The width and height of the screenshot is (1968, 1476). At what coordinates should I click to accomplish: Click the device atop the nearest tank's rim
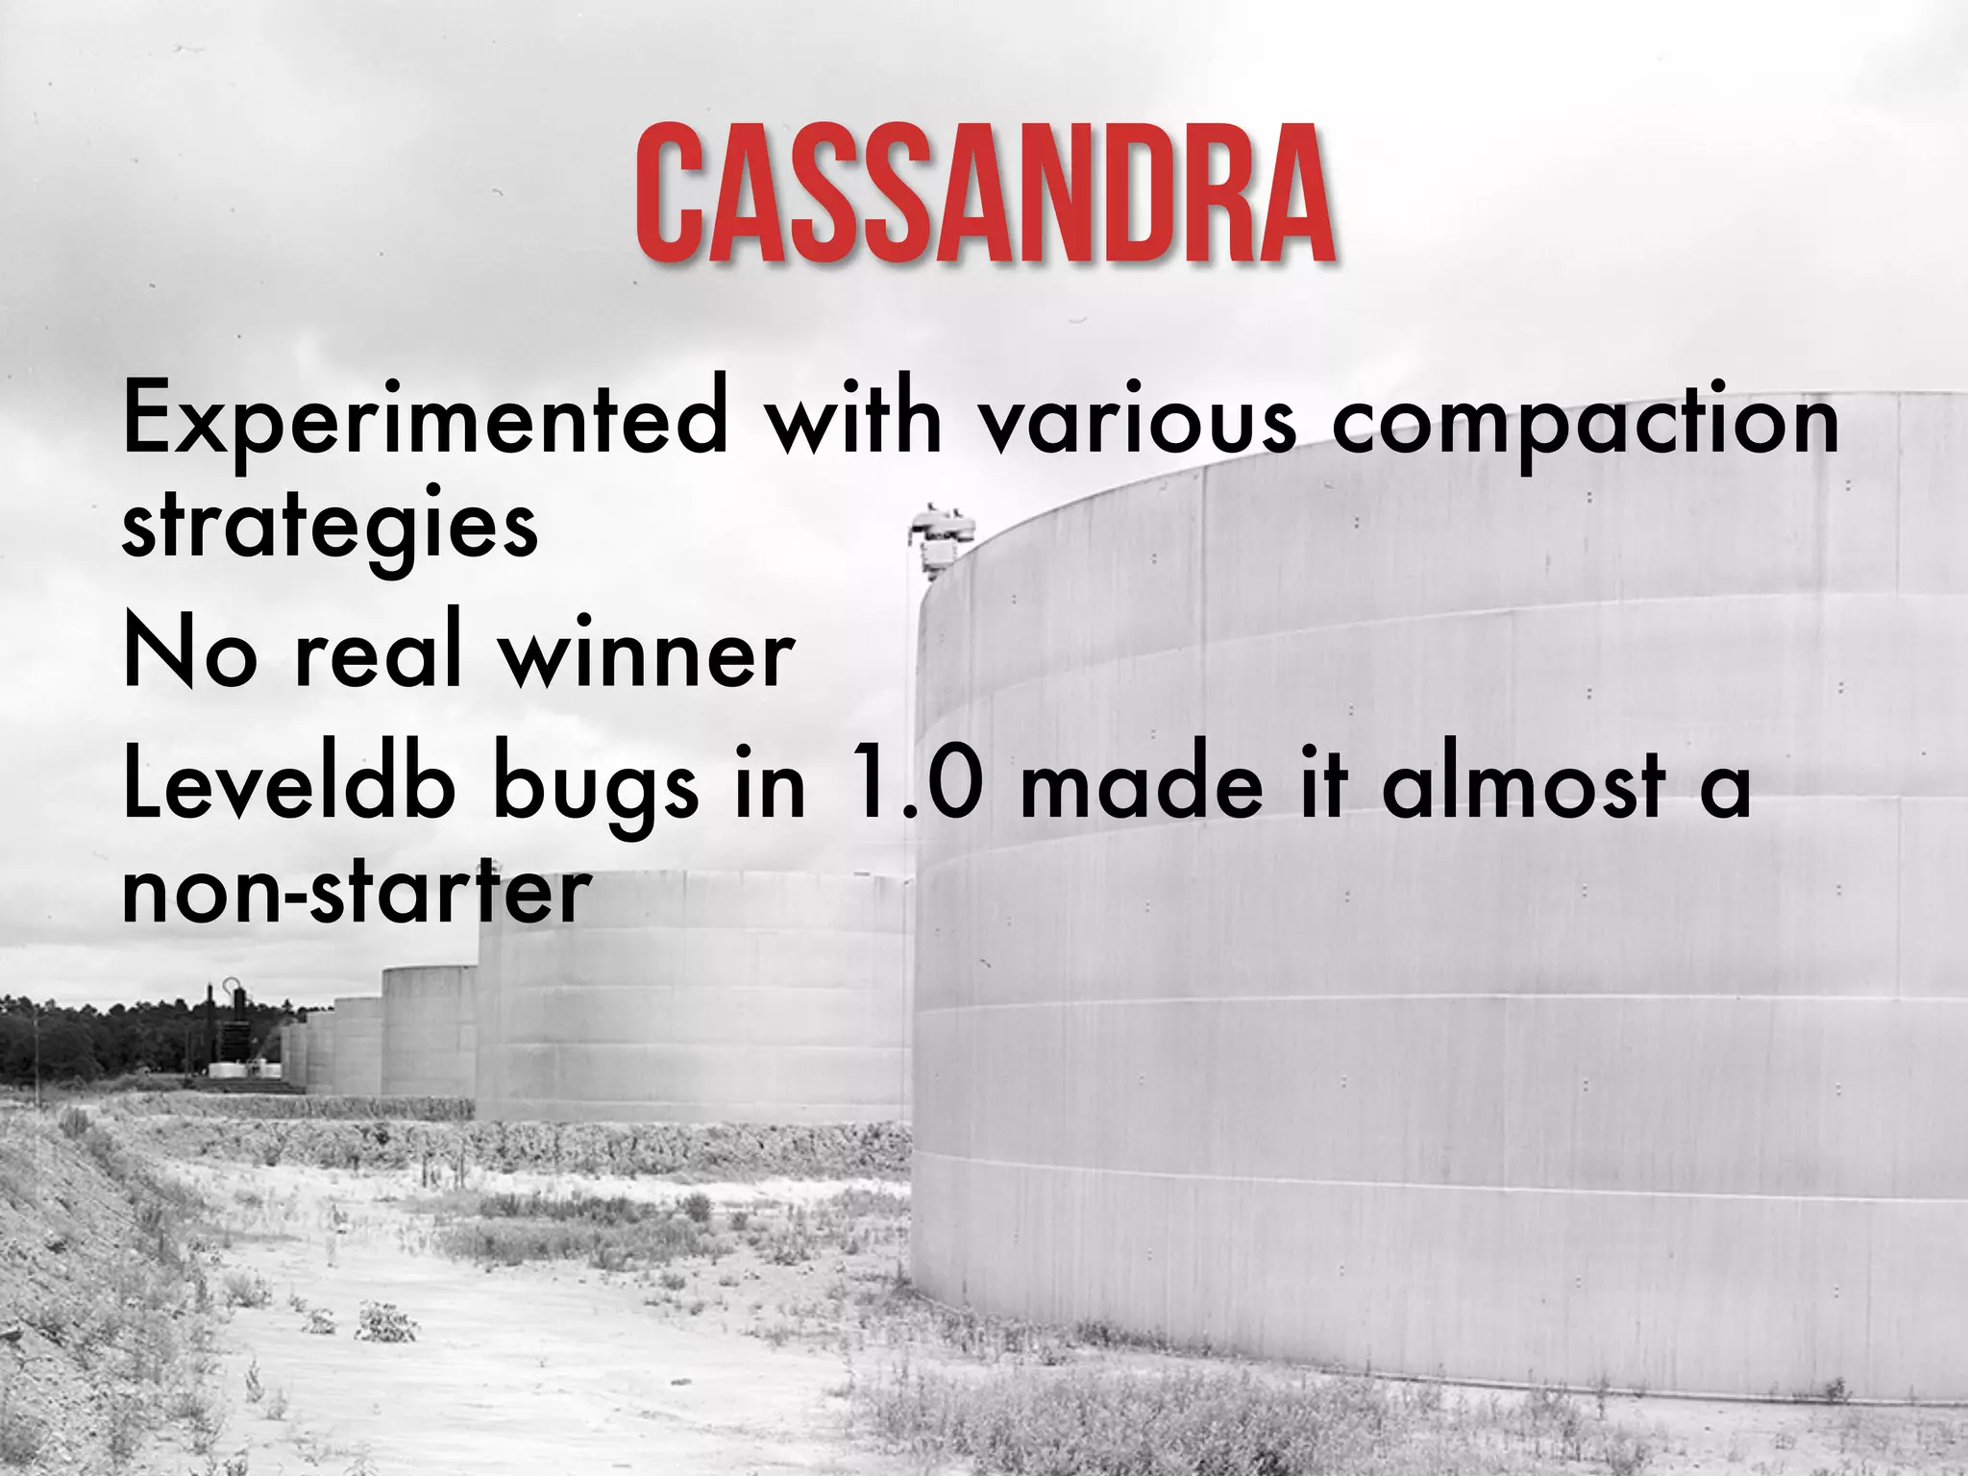pyautogui.click(x=941, y=538)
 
